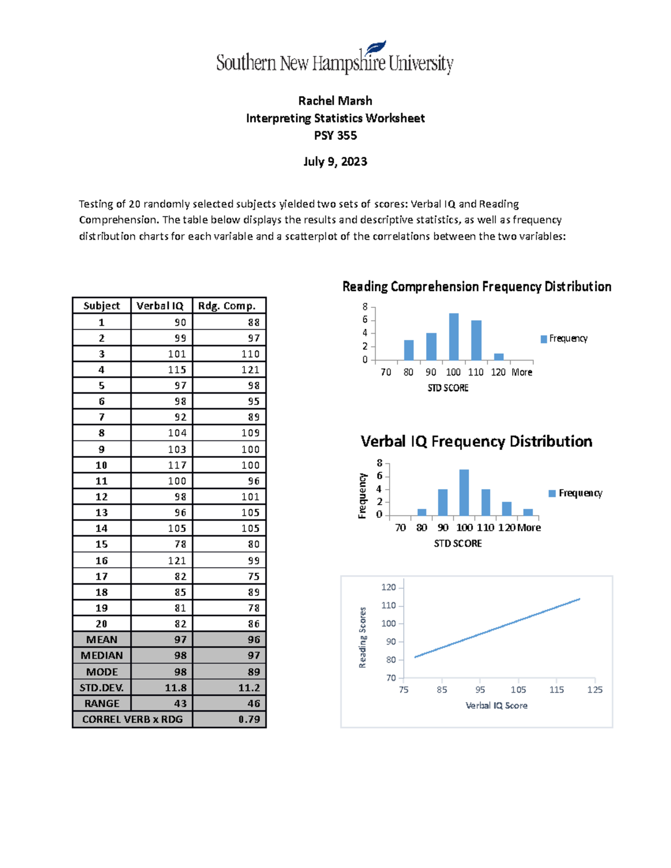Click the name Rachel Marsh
point(335,101)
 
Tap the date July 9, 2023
point(335,162)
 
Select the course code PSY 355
point(335,135)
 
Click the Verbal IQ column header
point(160,306)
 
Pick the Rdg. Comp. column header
point(227,306)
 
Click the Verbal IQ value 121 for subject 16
point(177,561)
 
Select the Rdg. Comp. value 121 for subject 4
point(250,369)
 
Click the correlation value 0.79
point(249,719)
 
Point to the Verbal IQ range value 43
point(180,703)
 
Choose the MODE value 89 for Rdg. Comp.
point(253,672)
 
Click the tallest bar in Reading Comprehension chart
point(453,337)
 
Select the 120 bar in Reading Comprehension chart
point(499,357)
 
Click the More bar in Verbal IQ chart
point(528,512)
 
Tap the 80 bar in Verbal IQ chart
point(422,512)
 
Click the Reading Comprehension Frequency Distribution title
point(476,287)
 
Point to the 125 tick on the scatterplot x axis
point(594,690)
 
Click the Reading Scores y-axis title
point(362,637)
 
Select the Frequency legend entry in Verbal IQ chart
point(576,493)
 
